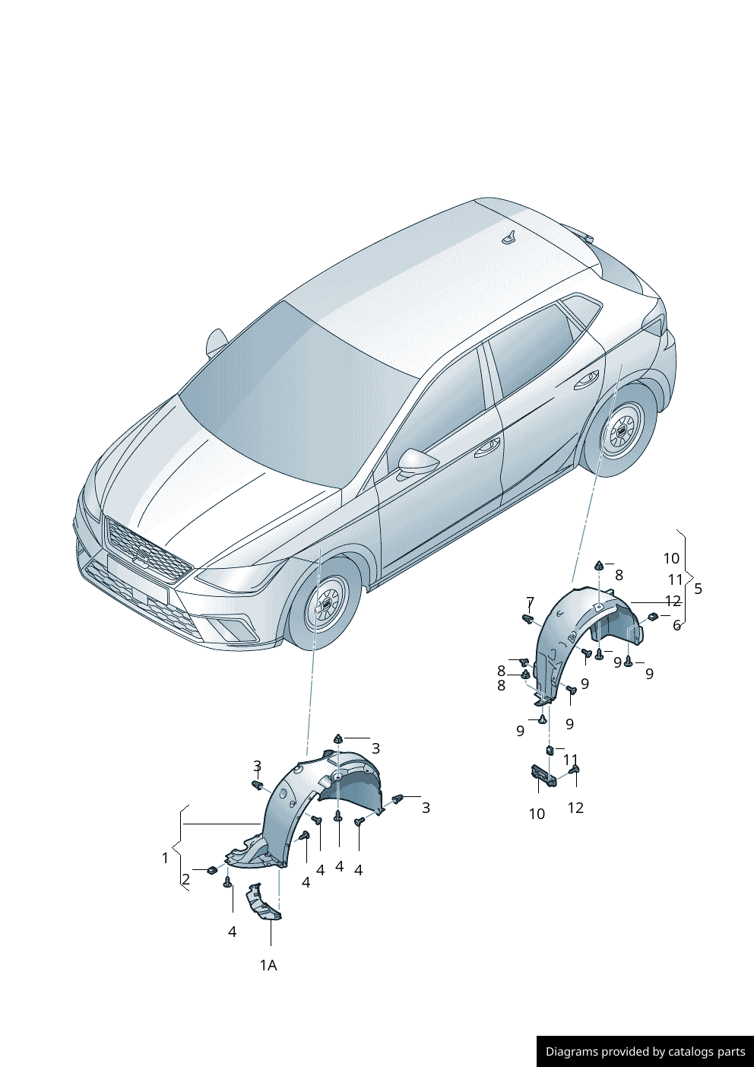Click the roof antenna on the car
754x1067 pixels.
[x=511, y=237]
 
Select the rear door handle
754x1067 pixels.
[x=587, y=379]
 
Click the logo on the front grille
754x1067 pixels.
[x=142, y=554]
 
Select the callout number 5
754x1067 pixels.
[x=698, y=589]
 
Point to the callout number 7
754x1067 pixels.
[x=530, y=602]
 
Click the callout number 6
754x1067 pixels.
[x=676, y=625]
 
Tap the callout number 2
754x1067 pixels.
[x=185, y=879]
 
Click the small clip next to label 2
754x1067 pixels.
[x=211, y=871]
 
